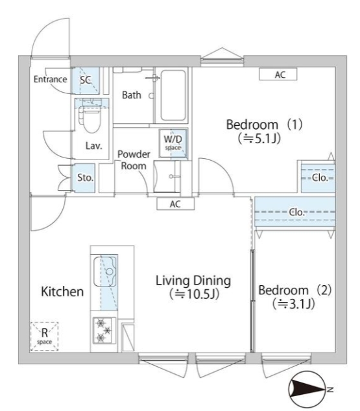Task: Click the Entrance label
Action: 50,79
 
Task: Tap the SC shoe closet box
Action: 86,80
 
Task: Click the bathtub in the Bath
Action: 173,95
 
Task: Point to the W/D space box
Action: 173,143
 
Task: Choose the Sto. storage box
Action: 84,178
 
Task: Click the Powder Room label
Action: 134,160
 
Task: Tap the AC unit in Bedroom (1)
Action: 278,75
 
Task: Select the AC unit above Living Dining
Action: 175,204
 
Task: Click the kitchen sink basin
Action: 105,272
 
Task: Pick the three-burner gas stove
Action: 104,331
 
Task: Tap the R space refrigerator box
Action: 44,336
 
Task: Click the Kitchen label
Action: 62,292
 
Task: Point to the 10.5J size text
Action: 194,294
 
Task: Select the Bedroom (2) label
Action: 295,290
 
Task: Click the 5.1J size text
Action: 259,138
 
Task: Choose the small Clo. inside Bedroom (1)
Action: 318,178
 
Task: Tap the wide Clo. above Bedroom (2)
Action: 295,212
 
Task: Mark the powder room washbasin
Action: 167,176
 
